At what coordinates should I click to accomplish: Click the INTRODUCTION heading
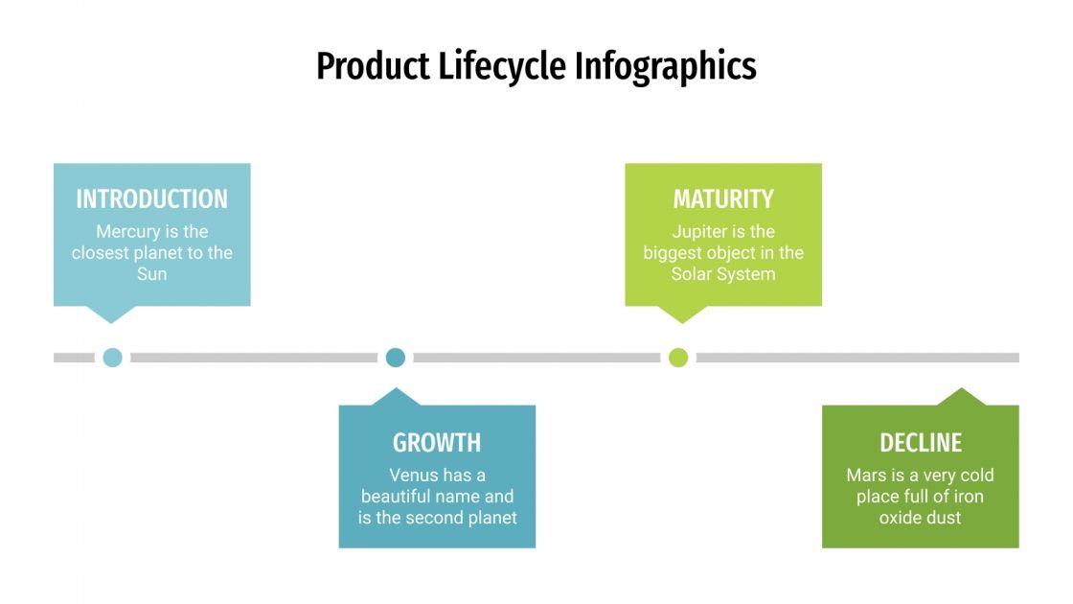tap(151, 199)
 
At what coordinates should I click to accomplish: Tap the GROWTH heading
tap(437, 443)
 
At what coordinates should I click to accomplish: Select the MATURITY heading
tap(723, 199)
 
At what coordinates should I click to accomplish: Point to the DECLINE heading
tap(921, 443)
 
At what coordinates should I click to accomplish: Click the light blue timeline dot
tap(112, 358)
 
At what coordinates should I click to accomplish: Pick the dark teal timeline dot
tap(396, 358)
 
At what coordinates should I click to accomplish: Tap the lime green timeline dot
tap(678, 358)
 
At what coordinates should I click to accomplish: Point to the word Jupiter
tap(699, 232)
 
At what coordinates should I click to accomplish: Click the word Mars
tap(866, 476)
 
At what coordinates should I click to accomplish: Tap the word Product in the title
tap(373, 67)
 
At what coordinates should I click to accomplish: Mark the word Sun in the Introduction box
tap(151, 274)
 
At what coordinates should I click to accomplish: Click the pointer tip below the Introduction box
tap(110, 320)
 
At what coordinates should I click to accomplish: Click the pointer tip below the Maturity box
tap(681, 320)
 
